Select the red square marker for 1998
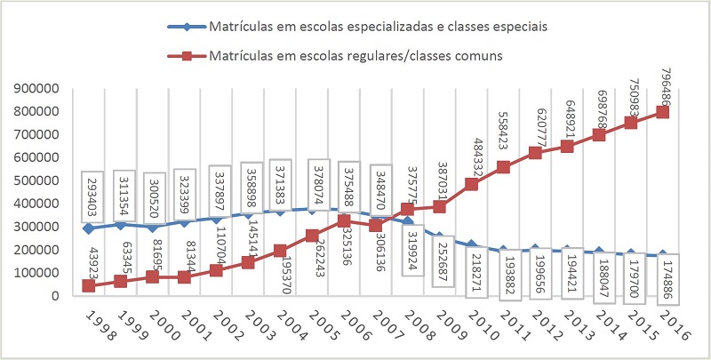click(x=88, y=285)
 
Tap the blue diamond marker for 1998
click(x=88, y=228)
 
